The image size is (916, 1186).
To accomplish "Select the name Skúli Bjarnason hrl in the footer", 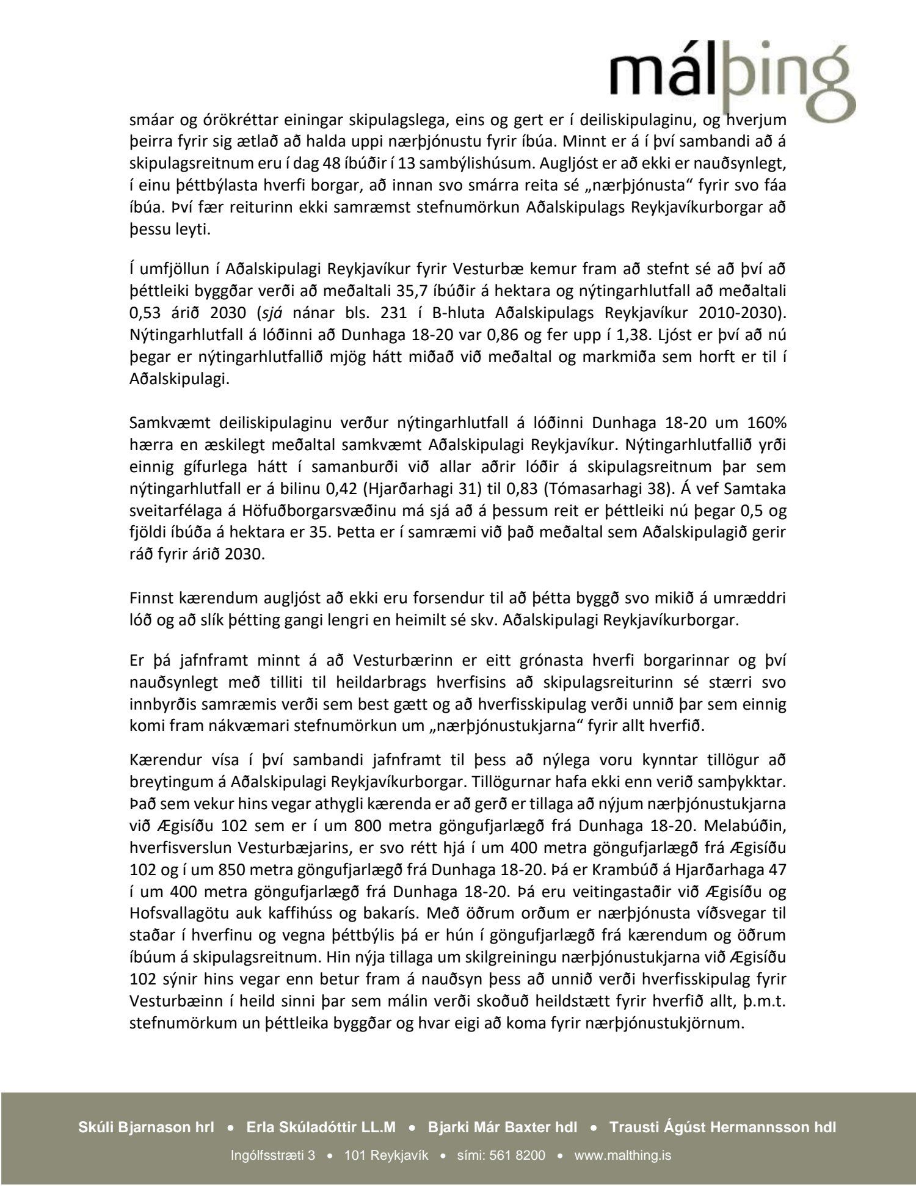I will tap(146, 1127).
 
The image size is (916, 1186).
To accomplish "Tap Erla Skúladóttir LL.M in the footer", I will tap(321, 1127).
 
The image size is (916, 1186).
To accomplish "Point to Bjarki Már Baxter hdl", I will tap(503, 1127).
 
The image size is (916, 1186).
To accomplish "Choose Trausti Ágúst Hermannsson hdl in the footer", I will tap(722, 1127).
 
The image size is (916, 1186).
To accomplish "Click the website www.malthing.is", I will tap(623, 1155).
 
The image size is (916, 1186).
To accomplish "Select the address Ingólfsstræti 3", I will tap(273, 1155).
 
